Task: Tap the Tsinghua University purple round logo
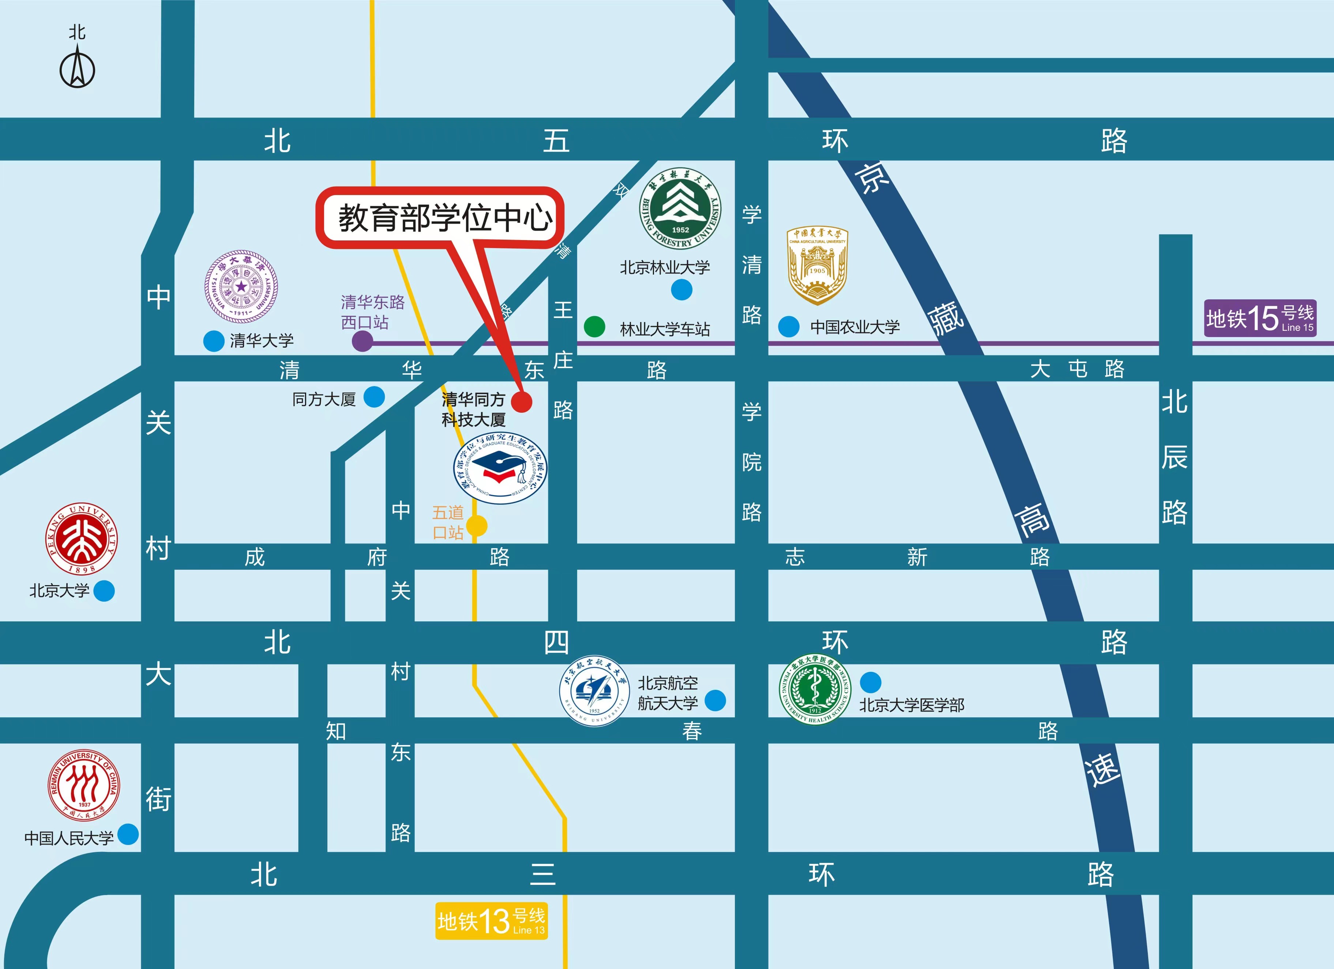(x=241, y=287)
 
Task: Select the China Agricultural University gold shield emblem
(x=817, y=265)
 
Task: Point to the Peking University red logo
(x=82, y=538)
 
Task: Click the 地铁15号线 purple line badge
(x=1259, y=318)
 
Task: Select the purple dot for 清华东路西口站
(x=362, y=341)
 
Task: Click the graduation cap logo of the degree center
(x=500, y=469)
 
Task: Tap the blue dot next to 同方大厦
(x=374, y=397)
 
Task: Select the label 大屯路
(x=1076, y=369)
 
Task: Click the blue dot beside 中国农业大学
(x=789, y=326)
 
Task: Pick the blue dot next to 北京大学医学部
(x=871, y=682)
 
